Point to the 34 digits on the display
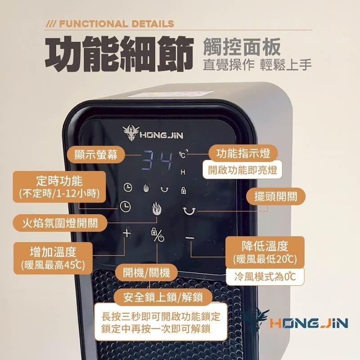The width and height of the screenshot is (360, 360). [x=158, y=160]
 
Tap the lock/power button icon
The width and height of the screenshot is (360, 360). [x=157, y=236]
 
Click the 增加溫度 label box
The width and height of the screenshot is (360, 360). [x=53, y=255]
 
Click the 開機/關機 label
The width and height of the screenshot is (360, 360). [x=147, y=273]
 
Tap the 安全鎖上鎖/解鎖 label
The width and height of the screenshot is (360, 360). [x=162, y=297]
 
